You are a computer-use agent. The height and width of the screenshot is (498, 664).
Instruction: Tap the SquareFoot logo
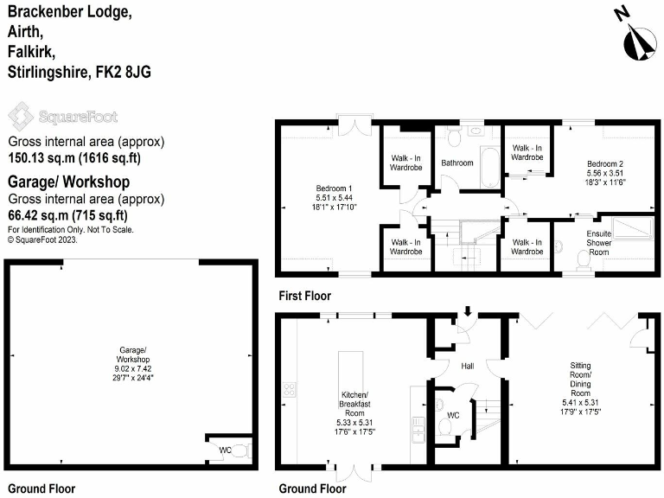click(62, 116)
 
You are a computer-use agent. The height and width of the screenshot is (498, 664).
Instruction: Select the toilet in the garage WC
click(241, 450)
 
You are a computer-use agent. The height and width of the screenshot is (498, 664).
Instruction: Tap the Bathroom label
click(457, 163)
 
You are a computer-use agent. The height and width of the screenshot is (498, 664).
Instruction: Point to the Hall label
click(468, 367)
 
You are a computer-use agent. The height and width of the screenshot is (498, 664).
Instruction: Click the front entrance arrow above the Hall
click(468, 311)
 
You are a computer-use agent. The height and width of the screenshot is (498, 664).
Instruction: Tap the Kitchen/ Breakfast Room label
click(356, 412)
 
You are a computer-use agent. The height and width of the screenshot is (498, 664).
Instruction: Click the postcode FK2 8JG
click(121, 73)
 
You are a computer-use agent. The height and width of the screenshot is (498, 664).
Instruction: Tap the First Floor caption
click(305, 296)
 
